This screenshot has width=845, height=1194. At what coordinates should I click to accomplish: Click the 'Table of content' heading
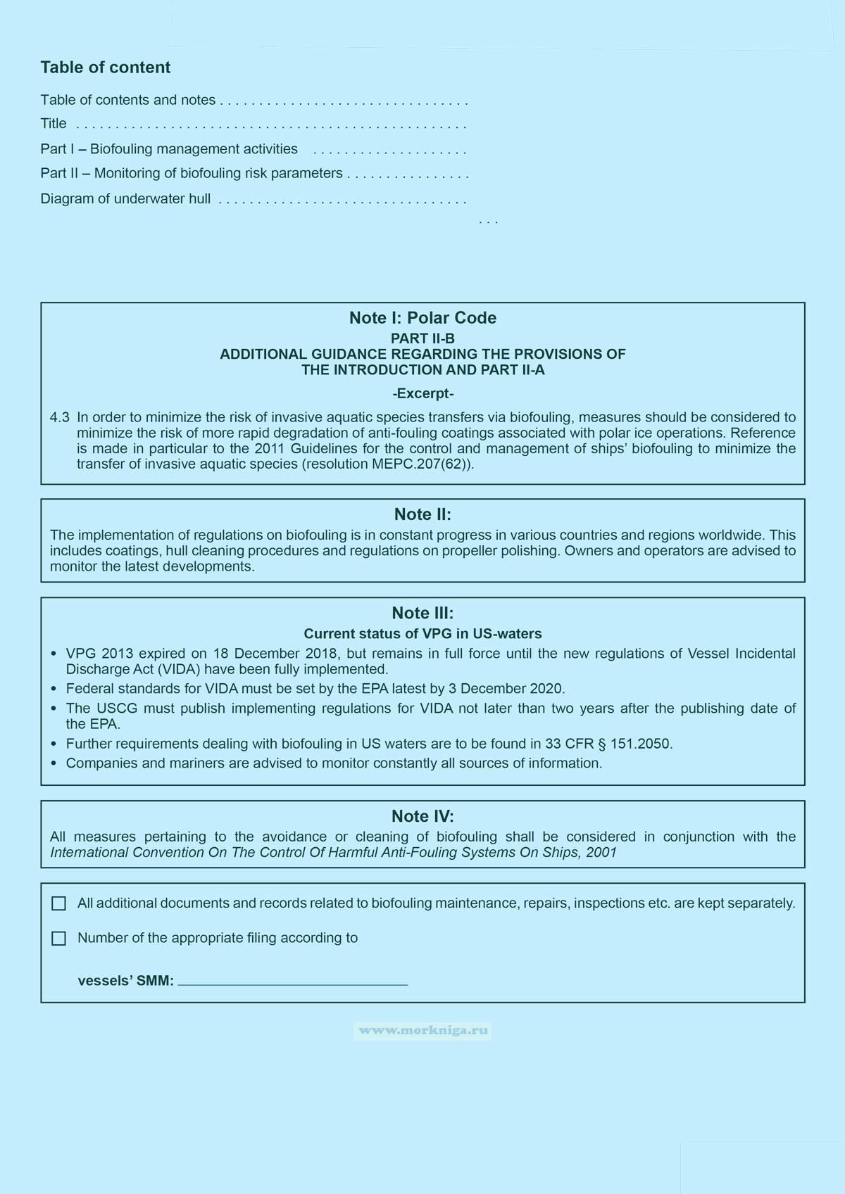[x=106, y=68]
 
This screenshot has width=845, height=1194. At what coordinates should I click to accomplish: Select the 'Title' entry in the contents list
[x=54, y=124]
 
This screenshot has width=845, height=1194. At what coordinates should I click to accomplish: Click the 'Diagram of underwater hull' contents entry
[x=125, y=199]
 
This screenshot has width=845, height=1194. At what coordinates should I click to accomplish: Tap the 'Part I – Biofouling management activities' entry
[x=169, y=149]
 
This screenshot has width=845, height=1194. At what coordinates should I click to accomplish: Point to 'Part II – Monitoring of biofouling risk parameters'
[x=192, y=174]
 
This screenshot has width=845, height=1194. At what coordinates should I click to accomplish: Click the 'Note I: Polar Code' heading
[x=423, y=318]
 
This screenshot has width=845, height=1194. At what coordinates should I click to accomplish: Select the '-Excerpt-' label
[x=423, y=393]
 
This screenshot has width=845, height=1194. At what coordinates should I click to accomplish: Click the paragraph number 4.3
[x=59, y=418]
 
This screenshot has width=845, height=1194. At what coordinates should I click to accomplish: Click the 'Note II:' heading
[x=423, y=514]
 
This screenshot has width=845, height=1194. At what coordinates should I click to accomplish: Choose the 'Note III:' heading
[x=423, y=613]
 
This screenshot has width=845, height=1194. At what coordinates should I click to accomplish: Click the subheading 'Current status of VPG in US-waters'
[x=423, y=634]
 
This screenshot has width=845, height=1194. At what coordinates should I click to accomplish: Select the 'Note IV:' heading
[x=423, y=816]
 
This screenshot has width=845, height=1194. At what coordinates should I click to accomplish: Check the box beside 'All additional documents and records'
[x=59, y=903]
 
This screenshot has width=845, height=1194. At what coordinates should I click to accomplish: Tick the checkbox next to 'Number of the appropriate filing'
[x=59, y=939]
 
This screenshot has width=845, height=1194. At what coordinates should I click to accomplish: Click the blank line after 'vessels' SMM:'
[x=293, y=981]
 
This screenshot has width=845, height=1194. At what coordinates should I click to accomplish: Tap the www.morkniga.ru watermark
[x=423, y=1031]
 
